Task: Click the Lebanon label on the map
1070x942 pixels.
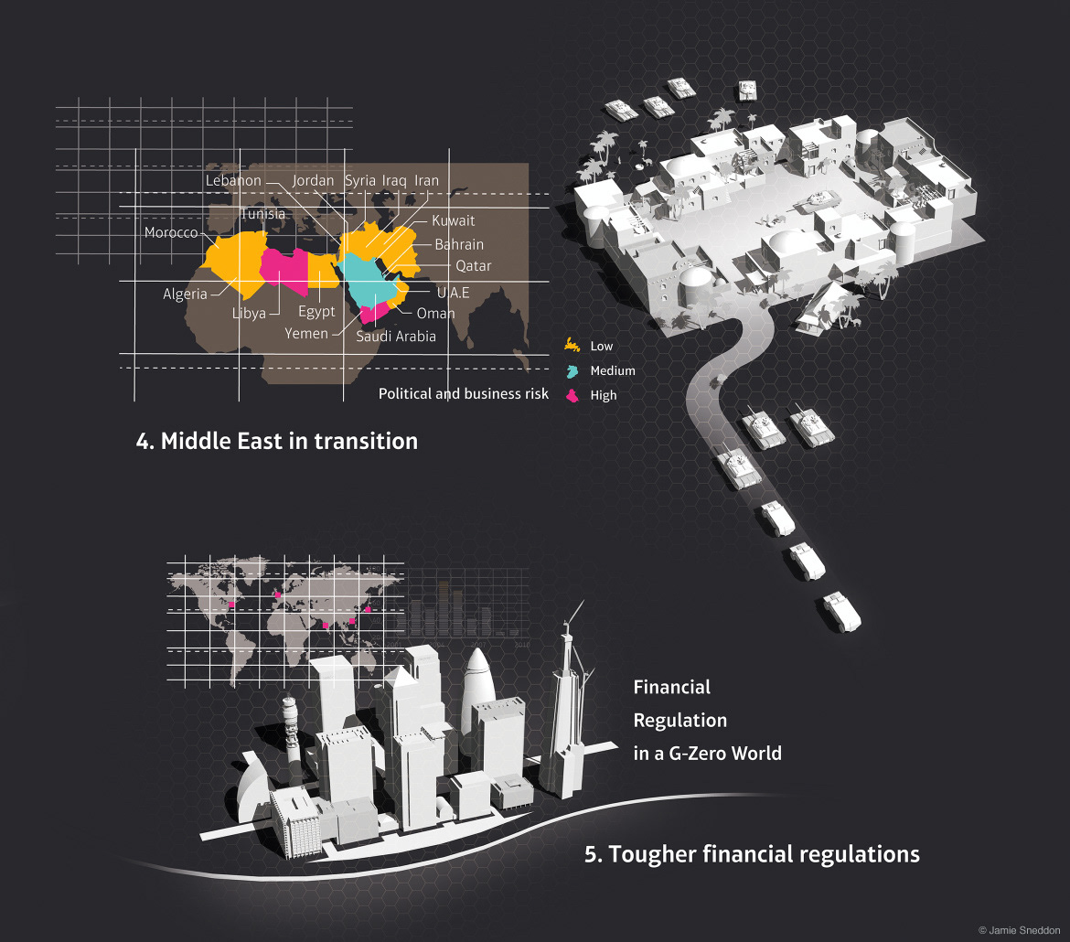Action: (233, 181)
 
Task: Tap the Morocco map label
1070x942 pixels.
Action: (171, 233)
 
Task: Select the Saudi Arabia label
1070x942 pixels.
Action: (396, 336)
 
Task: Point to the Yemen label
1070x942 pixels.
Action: (306, 334)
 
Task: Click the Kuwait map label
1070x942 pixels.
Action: (453, 220)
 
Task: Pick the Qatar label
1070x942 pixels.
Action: (474, 266)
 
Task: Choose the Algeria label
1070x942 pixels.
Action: (186, 294)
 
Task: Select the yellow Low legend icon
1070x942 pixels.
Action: (572, 346)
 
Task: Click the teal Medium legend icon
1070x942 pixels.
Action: (572, 370)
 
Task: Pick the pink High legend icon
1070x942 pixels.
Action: (572, 395)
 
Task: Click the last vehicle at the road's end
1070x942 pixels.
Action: (841, 611)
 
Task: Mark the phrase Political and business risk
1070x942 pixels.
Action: (464, 394)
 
